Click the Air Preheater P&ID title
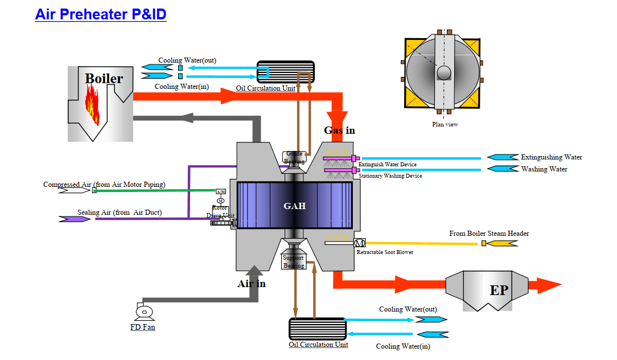point(101,14)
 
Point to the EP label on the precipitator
point(499,291)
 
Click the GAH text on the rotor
point(295,206)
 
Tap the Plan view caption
point(445,124)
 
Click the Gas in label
point(339,130)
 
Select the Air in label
point(251,283)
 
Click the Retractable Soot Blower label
point(385,252)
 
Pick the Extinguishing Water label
point(552,157)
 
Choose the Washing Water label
point(544,169)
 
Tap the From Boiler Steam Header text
point(489,234)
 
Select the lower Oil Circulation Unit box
point(318,329)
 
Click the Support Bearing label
point(294,261)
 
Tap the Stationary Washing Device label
point(390,176)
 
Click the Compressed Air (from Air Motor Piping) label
point(104,185)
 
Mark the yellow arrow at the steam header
point(503,243)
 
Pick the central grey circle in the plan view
point(443,73)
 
